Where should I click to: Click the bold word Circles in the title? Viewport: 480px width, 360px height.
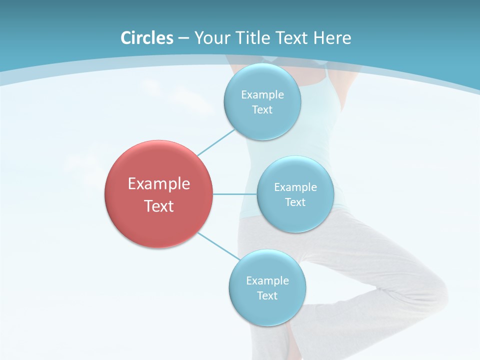[147, 38]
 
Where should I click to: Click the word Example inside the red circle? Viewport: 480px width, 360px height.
[159, 184]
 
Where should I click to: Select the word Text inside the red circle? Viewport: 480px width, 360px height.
[159, 206]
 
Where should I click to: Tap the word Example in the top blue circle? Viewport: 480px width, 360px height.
[262, 95]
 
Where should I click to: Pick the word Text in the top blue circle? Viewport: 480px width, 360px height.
[262, 110]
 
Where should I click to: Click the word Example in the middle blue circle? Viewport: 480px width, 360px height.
[295, 187]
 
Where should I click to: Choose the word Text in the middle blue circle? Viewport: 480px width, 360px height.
[295, 202]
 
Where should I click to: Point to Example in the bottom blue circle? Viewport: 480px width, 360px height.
[267, 281]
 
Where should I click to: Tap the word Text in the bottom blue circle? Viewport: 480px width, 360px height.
[267, 296]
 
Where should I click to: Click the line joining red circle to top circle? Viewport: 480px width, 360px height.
[216, 142]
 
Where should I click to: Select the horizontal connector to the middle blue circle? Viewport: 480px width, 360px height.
[235, 194]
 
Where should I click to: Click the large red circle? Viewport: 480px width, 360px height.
[159, 225]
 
